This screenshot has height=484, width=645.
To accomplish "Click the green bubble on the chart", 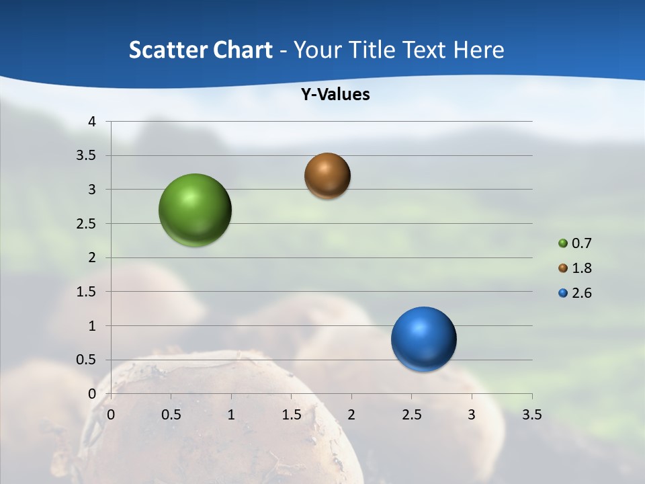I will (195, 210).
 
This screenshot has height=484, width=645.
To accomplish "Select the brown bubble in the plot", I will (327, 176).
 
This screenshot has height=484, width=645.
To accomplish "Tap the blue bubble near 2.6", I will (423, 339).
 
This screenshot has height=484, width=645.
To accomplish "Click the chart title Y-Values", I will (335, 95).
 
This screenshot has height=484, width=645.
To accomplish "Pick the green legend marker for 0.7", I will (563, 243).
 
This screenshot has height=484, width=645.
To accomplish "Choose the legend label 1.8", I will (582, 268).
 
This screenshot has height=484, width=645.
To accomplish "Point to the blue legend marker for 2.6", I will (563, 293).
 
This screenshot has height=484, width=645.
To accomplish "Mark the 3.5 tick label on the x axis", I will (531, 415).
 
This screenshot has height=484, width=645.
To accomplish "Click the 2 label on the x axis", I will (351, 415).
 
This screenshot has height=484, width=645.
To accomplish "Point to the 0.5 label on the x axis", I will (171, 415).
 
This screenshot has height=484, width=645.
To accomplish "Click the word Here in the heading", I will (478, 50).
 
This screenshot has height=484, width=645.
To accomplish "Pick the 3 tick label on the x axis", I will (472, 415).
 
